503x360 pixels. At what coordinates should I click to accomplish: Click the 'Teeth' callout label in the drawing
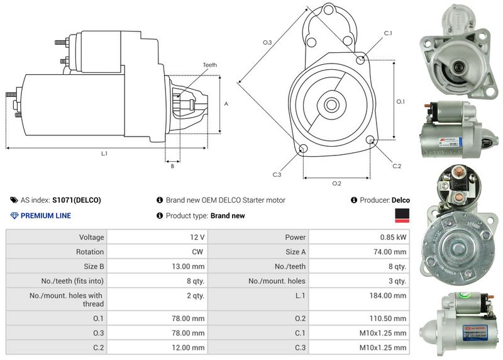tap(209, 65)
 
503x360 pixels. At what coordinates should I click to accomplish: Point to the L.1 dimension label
tap(104, 153)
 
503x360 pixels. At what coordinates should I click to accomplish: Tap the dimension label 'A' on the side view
tap(226, 104)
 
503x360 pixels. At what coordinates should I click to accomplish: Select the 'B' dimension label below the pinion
tap(172, 166)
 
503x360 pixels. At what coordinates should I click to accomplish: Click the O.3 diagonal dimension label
tap(267, 42)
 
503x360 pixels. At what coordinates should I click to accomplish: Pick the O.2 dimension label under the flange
tap(336, 183)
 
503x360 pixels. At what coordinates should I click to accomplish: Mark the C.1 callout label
tap(388, 33)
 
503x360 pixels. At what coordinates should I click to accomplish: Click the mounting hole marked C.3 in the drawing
tap(303, 149)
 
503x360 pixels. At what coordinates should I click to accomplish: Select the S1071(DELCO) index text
tap(76, 200)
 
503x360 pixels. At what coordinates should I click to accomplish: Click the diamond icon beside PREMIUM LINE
tap(14, 216)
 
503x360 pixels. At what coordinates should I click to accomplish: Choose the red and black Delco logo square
tap(402, 216)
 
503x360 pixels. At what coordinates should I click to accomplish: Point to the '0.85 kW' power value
tap(393, 237)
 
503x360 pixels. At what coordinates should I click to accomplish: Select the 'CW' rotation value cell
tap(198, 252)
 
